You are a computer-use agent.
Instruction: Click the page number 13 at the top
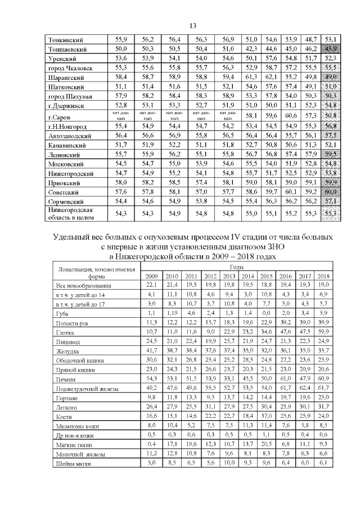pos(192,26)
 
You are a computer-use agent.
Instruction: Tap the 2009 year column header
pos(151,276)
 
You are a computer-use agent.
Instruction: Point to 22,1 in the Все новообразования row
pos(151,285)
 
